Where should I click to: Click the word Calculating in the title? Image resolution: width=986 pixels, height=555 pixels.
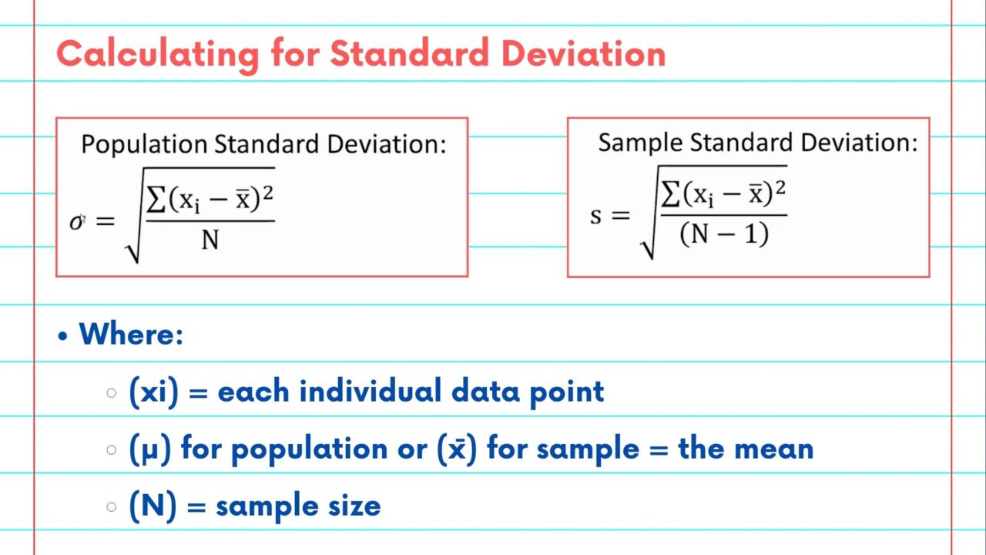(x=158, y=55)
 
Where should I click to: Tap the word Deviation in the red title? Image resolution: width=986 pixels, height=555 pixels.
(x=583, y=53)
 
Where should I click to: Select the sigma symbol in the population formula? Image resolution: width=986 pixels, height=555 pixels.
(x=77, y=222)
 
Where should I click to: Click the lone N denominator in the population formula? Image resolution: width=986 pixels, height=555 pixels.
(x=210, y=240)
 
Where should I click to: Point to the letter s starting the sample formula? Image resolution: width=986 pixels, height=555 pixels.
(x=595, y=217)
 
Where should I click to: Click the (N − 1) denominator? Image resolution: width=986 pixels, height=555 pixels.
(x=724, y=234)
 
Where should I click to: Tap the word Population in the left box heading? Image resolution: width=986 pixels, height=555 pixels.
(x=144, y=144)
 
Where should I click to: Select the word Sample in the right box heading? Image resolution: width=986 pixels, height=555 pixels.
(x=640, y=143)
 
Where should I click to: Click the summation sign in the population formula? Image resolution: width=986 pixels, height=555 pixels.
(x=156, y=199)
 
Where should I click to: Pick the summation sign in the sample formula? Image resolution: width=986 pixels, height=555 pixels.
(x=670, y=193)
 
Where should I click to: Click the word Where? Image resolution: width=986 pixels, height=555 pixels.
(x=131, y=335)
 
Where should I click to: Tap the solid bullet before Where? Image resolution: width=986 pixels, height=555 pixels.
(x=63, y=336)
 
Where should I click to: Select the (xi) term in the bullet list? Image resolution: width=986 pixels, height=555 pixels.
(x=153, y=392)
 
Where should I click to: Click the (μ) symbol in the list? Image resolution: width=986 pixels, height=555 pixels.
(x=149, y=449)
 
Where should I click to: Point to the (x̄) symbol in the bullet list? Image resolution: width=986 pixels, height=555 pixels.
(x=457, y=449)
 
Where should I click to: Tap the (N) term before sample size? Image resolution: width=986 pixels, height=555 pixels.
(x=153, y=506)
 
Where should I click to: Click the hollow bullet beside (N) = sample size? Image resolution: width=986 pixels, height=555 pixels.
(x=112, y=507)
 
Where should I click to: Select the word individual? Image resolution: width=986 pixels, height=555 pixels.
(x=371, y=390)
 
